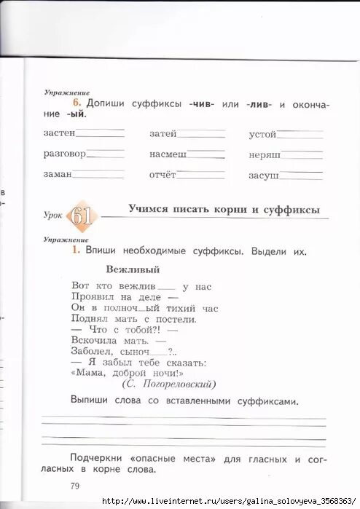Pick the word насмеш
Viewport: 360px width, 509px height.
click(168, 154)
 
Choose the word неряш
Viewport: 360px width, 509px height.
click(264, 154)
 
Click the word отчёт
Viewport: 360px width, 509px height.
click(163, 175)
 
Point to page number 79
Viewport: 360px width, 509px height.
click(75, 486)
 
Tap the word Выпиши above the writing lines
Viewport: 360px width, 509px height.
click(90, 401)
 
